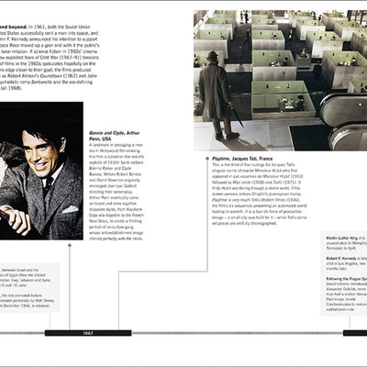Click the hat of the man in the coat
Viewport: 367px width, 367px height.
[x=213, y=57]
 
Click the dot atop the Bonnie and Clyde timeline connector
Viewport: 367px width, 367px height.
[x=70, y=246]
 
